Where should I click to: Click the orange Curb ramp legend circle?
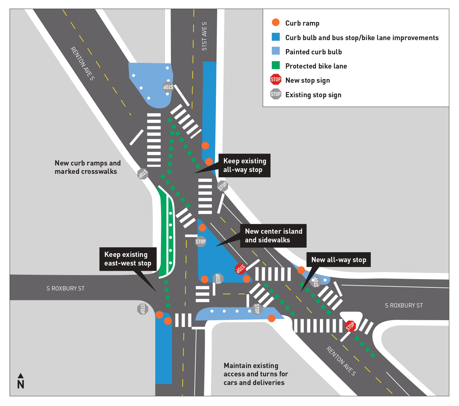(275, 23)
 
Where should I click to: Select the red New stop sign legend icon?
(275, 80)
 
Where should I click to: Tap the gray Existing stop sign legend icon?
(275, 94)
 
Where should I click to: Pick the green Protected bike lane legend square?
(275, 65)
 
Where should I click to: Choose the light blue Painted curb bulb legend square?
(275, 51)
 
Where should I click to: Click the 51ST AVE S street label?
(204, 36)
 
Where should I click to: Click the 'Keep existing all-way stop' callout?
(244, 165)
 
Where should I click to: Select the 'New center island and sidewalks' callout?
(273, 236)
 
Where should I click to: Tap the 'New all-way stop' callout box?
(338, 260)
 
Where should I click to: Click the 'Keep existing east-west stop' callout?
(128, 259)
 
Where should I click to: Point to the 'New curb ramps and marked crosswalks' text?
(87, 167)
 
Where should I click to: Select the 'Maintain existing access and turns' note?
(255, 374)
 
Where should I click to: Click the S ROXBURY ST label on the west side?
(65, 288)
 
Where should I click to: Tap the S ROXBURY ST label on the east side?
(403, 305)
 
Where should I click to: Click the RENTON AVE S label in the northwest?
(82, 63)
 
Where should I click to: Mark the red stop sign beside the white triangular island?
(350, 326)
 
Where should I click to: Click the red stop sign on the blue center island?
(240, 269)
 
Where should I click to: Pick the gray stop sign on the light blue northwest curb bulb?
(168, 87)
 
